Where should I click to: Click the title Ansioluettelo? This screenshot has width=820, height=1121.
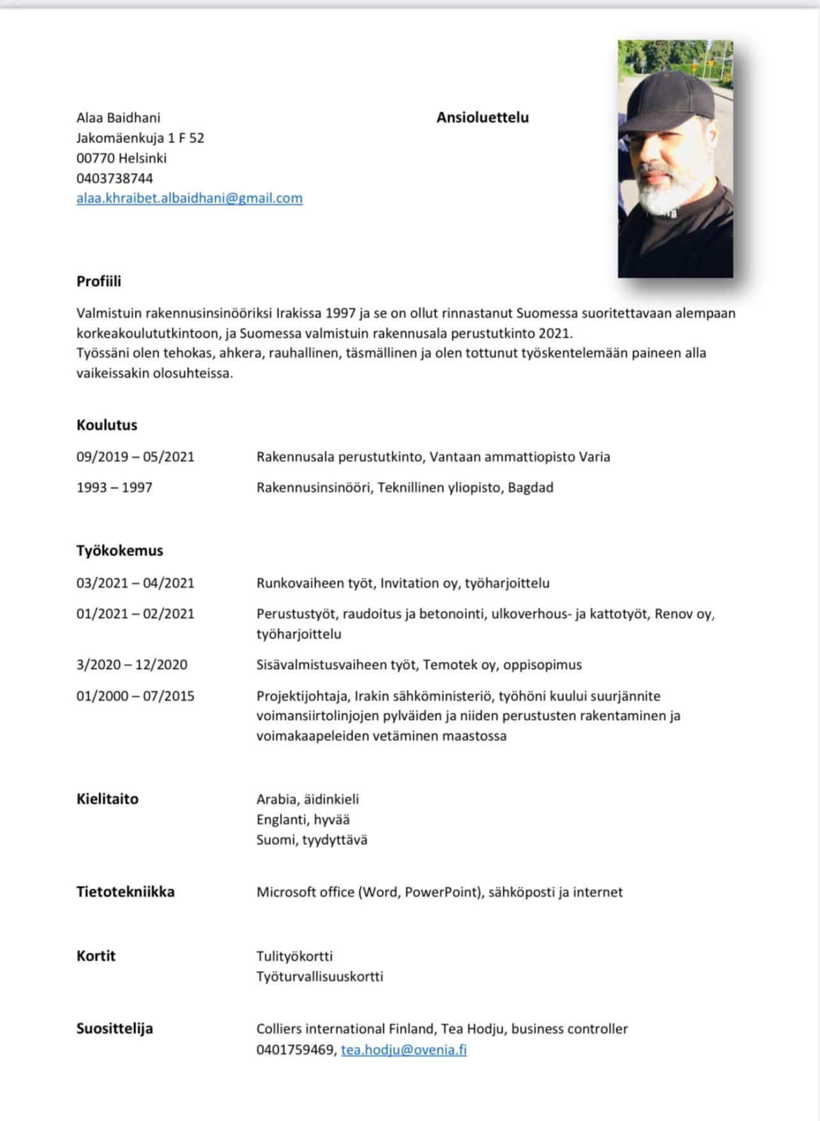[x=482, y=117]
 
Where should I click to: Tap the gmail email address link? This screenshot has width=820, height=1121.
[x=189, y=199]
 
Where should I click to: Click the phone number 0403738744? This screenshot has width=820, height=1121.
[x=114, y=178]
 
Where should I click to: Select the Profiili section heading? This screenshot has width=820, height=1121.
[x=98, y=282]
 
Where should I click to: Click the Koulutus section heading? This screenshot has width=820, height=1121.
[x=107, y=425]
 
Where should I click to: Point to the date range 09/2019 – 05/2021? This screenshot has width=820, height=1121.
[x=135, y=457]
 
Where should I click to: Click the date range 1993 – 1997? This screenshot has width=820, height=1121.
[x=114, y=488]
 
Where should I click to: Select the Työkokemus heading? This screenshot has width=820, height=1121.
[x=119, y=551]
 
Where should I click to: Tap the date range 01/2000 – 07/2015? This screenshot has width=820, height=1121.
[x=135, y=696]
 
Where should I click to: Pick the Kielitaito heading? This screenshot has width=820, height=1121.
[x=107, y=799]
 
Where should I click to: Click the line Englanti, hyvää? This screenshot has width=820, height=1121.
[x=303, y=820]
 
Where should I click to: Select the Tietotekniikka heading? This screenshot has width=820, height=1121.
[x=125, y=892]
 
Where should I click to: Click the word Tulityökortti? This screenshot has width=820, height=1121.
[x=294, y=956]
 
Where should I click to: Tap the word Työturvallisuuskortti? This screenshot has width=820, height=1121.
[x=319, y=977]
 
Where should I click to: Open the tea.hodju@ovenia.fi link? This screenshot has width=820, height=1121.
[x=404, y=1050]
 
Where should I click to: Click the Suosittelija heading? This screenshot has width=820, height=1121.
[x=114, y=1029]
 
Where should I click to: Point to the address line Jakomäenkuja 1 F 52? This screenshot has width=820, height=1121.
[x=140, y=138]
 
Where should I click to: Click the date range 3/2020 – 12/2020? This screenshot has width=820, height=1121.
[x=132, y=665]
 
